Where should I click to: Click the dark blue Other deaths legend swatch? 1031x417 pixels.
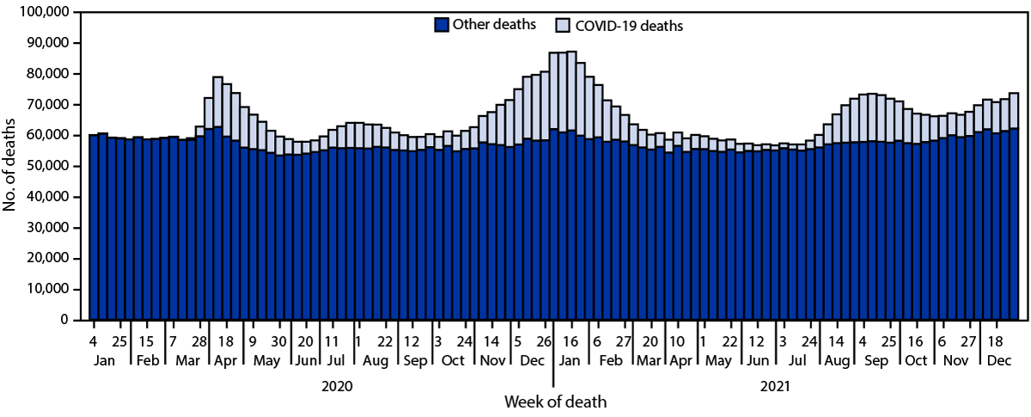(442, 25)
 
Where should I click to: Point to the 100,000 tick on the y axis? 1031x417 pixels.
(43, 13)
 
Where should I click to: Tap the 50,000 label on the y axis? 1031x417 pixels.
(46, 167)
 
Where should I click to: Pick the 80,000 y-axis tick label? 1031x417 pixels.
(46, 75)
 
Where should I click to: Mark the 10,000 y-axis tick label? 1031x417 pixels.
(46, 290)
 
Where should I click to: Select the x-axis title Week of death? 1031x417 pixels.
(553, 402)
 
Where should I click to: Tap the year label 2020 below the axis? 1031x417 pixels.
(337, 388)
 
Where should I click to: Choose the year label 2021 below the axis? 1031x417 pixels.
(775, 388)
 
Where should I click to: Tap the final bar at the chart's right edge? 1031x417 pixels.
(1014, 206)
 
